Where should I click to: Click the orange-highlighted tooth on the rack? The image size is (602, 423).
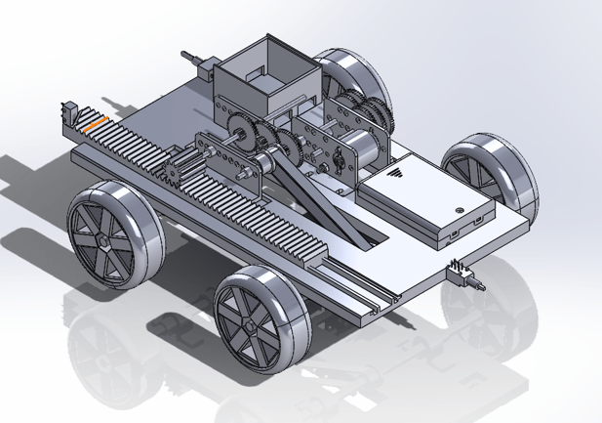tap(91, 124)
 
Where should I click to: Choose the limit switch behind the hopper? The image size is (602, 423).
tap(200, 66)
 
